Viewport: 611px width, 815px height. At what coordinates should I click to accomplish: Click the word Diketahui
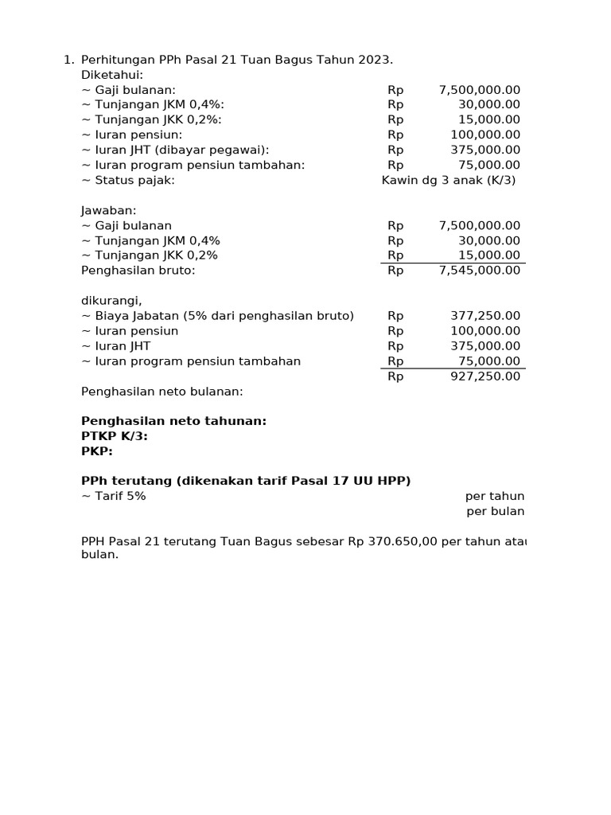[x=112, y=75]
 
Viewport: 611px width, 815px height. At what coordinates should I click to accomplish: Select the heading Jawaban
[x=109, y=210]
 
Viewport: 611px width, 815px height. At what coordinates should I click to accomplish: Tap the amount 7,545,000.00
[x=480, y=271]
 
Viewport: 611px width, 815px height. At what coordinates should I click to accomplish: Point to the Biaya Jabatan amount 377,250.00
[x=485, y=316]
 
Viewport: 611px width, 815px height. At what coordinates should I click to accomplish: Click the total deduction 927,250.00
[x=485, y=376]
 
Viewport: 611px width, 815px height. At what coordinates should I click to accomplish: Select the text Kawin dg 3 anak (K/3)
[x=449, y=180]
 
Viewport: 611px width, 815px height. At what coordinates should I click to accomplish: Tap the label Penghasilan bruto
[x=138, y=271]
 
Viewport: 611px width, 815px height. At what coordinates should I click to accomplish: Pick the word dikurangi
[x=111, y=301]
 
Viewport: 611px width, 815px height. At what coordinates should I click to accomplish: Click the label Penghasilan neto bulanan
[x=162, y=392]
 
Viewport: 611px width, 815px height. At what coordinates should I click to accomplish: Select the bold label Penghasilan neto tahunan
[x=174, y=421]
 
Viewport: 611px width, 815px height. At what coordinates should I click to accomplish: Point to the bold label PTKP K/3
[x=115, y=436]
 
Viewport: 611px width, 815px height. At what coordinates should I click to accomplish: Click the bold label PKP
[x=97, y=451]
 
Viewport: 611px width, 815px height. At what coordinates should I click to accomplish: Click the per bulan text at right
[x=495, y=511]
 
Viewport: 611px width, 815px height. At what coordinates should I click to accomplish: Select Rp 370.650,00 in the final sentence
[x=391, y=541]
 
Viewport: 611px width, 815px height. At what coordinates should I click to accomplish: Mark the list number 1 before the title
[x=67, y=60]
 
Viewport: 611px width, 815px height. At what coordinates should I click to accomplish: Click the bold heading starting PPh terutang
[x=246, y=481]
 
